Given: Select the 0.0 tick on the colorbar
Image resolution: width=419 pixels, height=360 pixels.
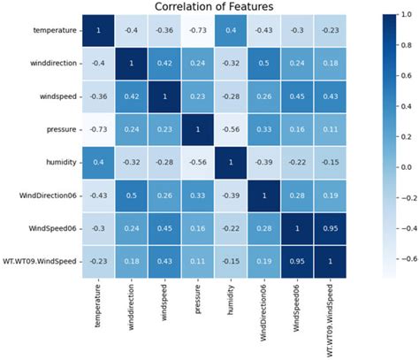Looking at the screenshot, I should (x=400, y=166).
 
